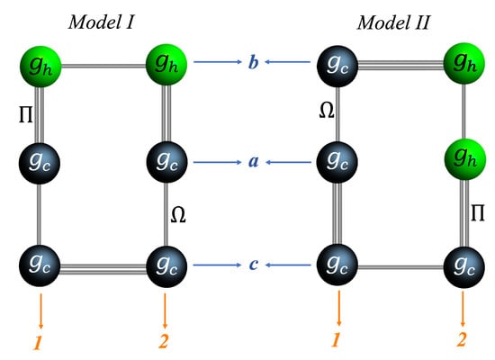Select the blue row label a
(254, 164)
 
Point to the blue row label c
(254, 265)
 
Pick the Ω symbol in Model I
(180, 217)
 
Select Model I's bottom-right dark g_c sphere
(166, 265)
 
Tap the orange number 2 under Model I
(165, 343)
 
